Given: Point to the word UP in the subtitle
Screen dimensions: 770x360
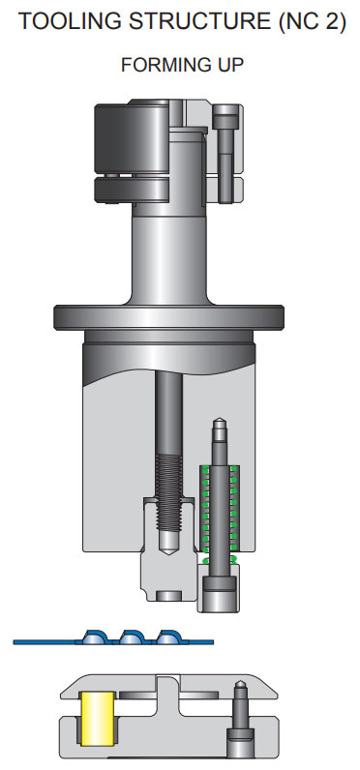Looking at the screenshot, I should (225, 66).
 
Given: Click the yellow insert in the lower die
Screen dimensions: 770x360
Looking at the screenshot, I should (97, 717).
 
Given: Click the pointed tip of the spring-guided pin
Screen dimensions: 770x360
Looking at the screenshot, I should (221, 423).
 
